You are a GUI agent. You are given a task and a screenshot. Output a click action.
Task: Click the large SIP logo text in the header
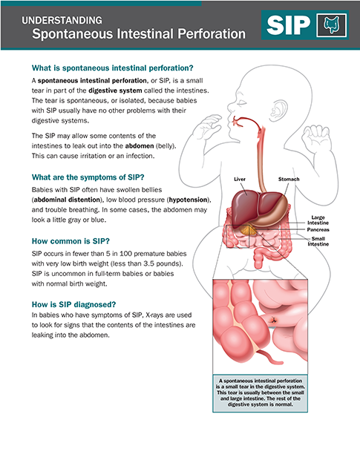point(288,25)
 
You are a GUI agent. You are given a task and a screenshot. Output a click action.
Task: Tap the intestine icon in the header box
point(332,25)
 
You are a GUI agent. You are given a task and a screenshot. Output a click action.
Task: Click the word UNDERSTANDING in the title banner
point(62,20)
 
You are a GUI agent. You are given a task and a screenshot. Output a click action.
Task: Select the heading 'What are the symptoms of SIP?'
point(88,177)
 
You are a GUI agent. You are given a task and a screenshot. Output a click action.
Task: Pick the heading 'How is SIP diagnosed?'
point(73,304)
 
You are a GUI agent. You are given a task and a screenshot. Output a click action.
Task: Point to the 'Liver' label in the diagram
point(240,179)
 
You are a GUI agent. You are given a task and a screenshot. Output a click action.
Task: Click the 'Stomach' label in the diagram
point(289,179)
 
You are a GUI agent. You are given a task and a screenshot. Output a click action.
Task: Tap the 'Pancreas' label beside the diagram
point(318,229)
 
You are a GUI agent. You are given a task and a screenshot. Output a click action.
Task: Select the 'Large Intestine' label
point(318,220)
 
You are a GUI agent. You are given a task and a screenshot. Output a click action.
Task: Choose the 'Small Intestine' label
point(318,241)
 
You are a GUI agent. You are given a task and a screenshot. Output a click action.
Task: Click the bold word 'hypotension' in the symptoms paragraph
point(188,200)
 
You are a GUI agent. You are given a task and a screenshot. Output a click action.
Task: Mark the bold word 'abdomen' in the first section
point(140,146)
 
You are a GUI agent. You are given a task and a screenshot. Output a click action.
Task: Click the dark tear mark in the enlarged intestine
point(273,320)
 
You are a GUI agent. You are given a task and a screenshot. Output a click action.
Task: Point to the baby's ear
point(279,109)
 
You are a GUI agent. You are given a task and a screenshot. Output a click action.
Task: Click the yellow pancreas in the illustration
point(248,230)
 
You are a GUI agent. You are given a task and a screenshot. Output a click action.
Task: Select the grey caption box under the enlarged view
point(260,393)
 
